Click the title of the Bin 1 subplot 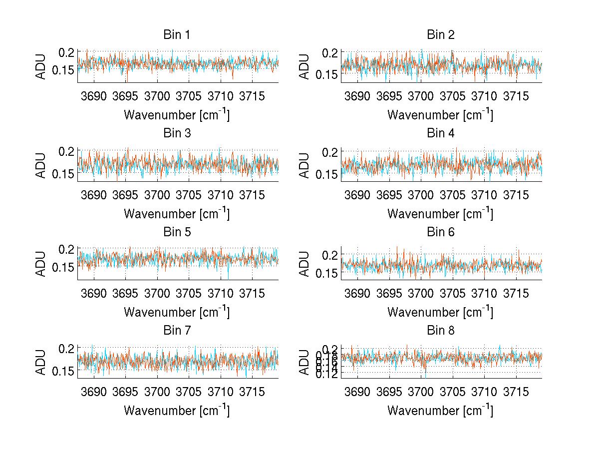click(x=177, y=35)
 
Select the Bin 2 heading click(x=441, y=35)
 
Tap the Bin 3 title click(x=177, y=133)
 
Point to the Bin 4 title click(x=441, y=133)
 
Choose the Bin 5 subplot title click(x=177, y=232)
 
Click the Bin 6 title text click(x=441, y=232)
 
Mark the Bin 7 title click(x=177, y=331)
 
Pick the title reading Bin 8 click(x=441, y=331)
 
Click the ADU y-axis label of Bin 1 click(x=41, y=66)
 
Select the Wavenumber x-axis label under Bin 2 click(x=440, y=115)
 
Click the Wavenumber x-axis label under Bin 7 click(x=177, y=411)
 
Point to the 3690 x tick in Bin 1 click(x=94, y=96)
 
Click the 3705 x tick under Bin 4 click(x=453, y=195)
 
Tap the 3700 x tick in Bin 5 click(x=157, y=293)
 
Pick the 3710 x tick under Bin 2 click(x=484, y=96)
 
